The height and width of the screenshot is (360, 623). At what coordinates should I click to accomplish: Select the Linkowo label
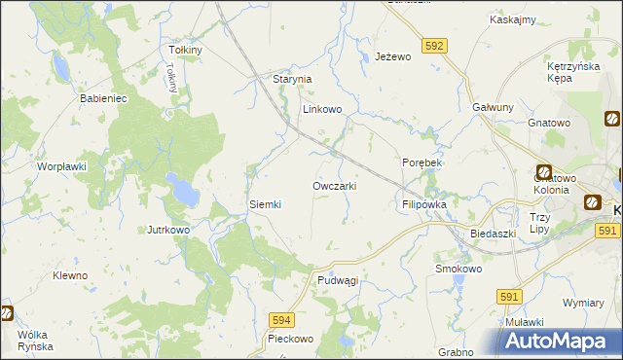point(322,110)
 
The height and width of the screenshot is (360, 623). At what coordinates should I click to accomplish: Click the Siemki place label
point(266,204)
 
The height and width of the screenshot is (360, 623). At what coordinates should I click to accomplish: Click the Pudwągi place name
point(338,280)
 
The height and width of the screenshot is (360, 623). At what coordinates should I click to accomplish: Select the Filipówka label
point(423,205)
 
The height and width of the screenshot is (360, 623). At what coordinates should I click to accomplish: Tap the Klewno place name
point(70,275)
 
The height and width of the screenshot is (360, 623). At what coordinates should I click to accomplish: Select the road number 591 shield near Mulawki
point(509,295)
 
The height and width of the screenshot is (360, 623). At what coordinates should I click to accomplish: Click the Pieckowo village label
point(290,340)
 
